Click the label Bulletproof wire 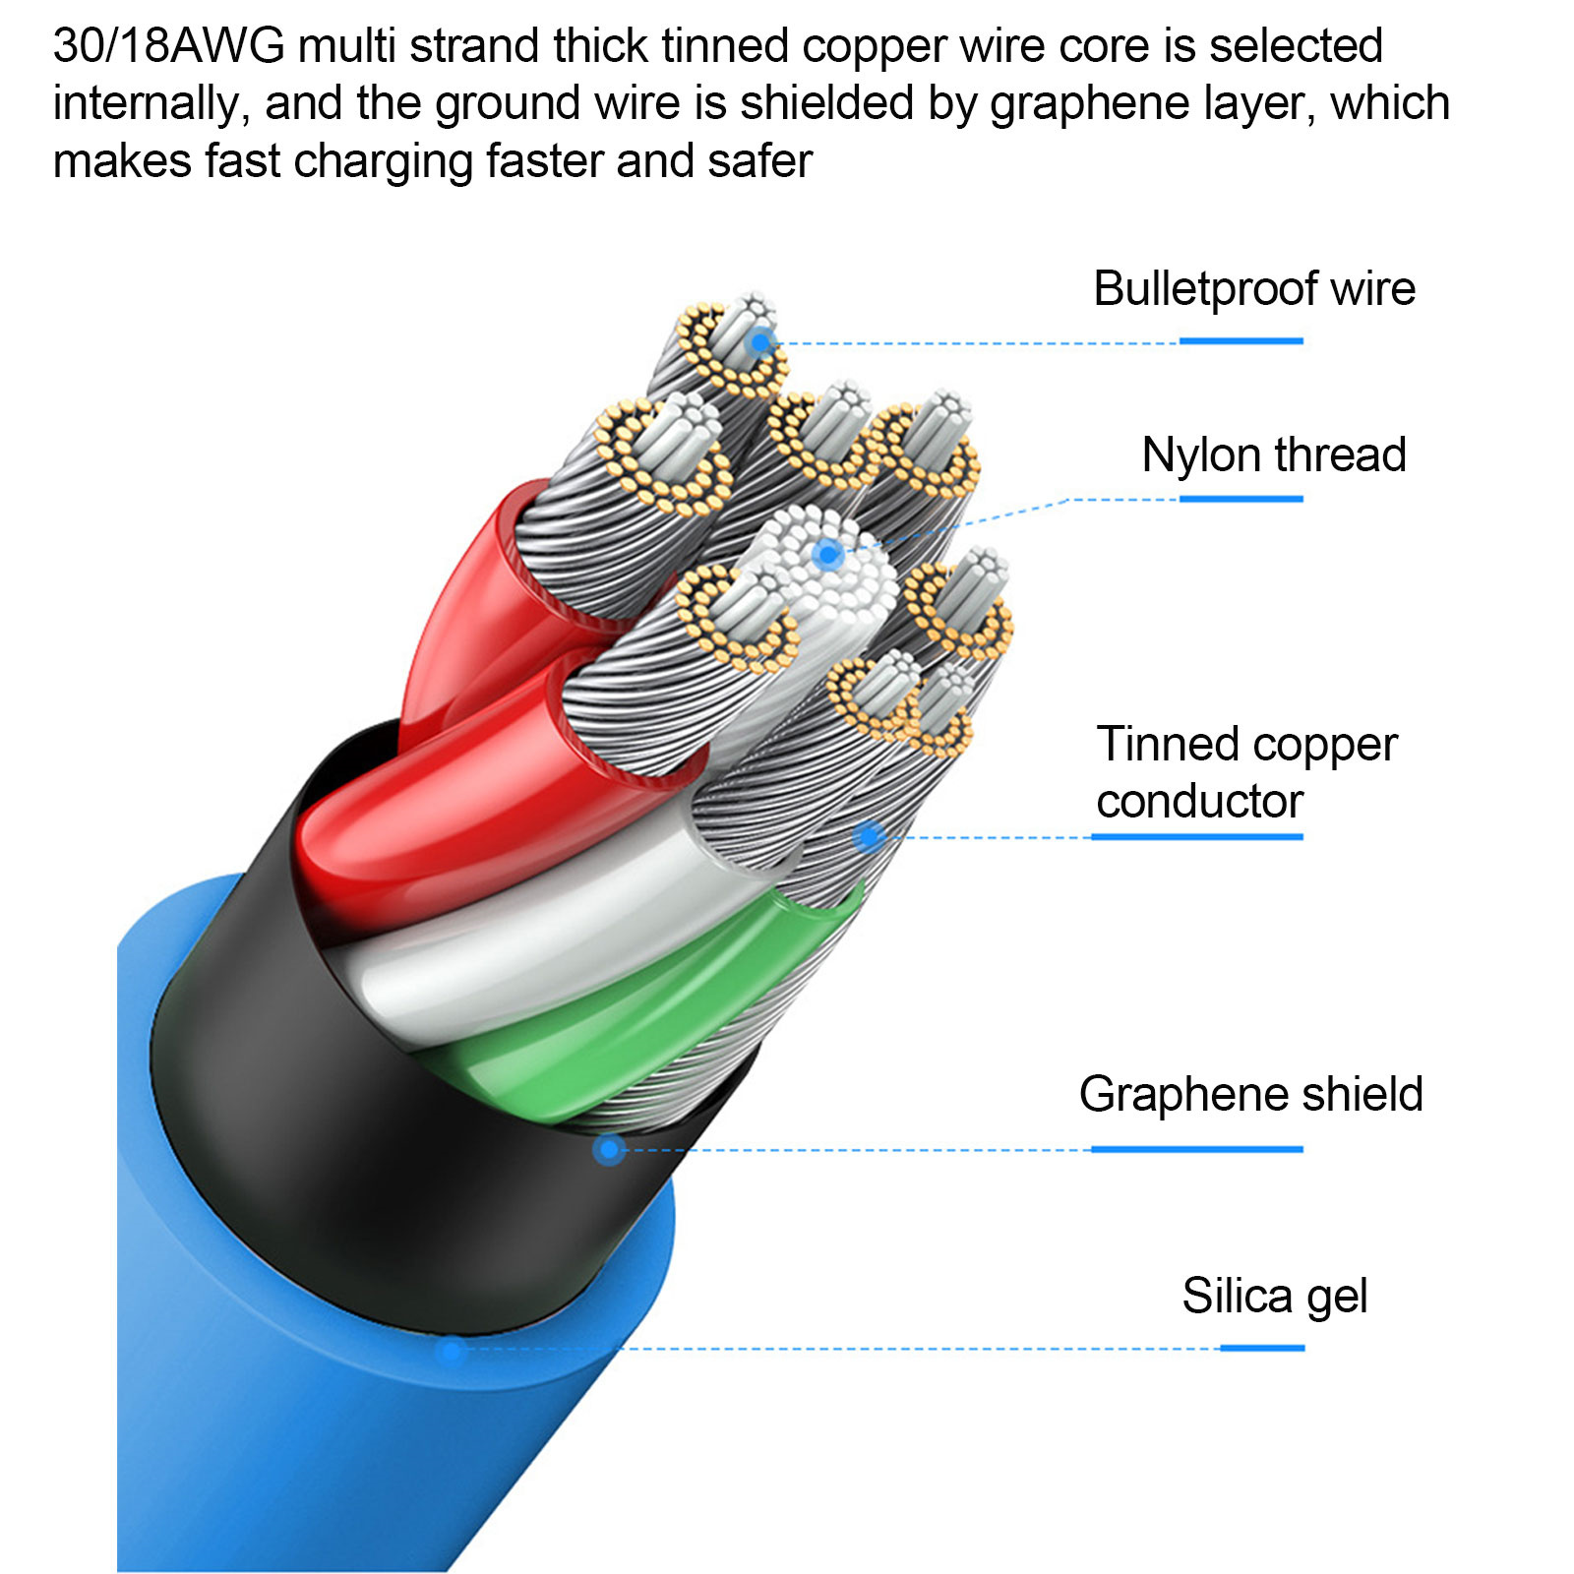(x=1254, y=289)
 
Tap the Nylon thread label (x=1274, y=455)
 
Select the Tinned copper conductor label (x=1246, y=772)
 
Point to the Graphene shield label (x=1250, y=1094)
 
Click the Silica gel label (x=1275, y=1297)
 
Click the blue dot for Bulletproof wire (x=759, y=343)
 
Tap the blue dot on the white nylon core (x=828, y=556)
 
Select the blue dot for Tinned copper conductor (x=868, y=837)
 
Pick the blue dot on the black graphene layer (x=610, y=1148)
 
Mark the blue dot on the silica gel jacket (x=451, y=1350)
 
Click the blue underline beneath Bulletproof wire (x=1241, y=341)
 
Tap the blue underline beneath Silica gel (x=1262, y=1348)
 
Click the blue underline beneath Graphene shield (x=1197, y=1149)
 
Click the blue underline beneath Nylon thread (x=1241, y=500)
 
